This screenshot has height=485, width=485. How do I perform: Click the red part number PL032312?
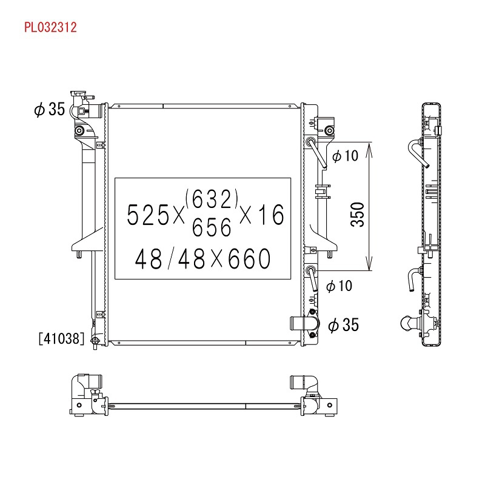pos(50,27)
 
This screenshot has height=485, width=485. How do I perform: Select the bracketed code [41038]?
pos(62,338)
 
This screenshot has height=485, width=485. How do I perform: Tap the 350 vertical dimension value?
pos(357,215)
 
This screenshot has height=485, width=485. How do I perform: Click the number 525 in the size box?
pos(147,215)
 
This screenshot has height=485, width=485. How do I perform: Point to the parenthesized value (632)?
pos(212,199)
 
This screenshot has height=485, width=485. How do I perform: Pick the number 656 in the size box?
pos(212,227)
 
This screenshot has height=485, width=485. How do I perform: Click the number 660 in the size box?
pos(249,258)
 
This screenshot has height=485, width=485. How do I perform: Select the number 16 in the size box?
pos(271,215)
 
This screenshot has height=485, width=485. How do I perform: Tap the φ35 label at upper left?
pos(50,109)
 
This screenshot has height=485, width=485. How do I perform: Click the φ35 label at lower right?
pos(343,325)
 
